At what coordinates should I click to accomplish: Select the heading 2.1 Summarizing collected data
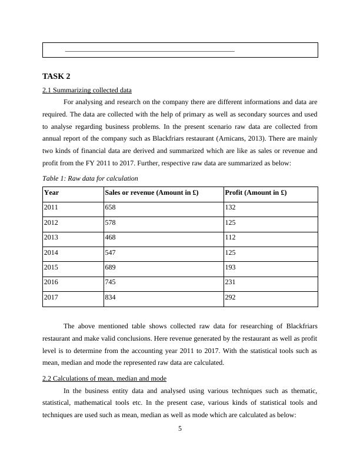pos(87,90)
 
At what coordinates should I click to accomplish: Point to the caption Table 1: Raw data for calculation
pos(90,178)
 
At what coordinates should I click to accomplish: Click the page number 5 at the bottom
pos(180,428)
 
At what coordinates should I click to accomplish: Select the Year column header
pos(52,192)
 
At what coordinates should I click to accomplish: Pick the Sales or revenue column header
pos(152,192)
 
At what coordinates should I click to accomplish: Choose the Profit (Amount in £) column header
pos(256,192)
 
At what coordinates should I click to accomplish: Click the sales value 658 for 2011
pos(111,207)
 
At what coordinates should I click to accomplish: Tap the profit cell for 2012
pos(231,222)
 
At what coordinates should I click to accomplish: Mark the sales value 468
pos(111,238)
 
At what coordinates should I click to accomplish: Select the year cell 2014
pos(51,252)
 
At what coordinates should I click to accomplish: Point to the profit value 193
pos(231,268)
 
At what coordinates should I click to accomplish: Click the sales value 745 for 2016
pos(111,282)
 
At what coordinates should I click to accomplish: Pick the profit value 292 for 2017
pos(231,298)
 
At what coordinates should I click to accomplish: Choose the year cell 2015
pos(51,268)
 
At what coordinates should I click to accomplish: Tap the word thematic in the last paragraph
pos(305,391)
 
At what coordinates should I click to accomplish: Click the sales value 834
pos(111,298)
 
